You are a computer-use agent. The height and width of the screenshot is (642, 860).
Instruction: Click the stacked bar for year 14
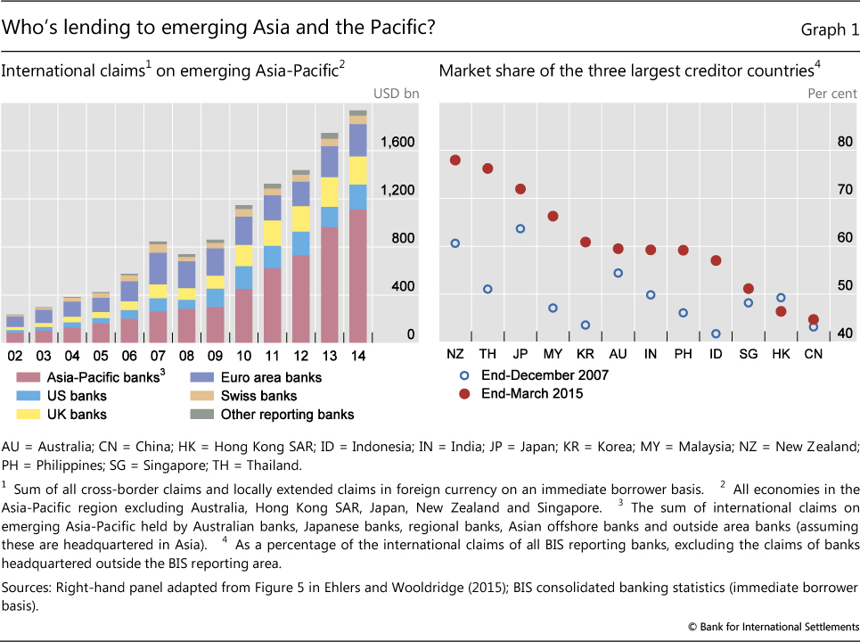pyautogui.click(x=358, y=226)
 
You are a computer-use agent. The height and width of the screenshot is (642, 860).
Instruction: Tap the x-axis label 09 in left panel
pyautogui.click(x=215, y=355)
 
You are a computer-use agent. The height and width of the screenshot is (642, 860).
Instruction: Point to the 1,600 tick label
pyautogui.click(x=397, y=142)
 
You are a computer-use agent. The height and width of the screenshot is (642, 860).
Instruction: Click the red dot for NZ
pyautogui.click(x=455, y=160)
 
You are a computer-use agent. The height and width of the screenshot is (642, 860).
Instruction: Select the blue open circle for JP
pyautogui.click(x=520, y=229)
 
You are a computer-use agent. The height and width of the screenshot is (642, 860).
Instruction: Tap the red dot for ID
pyautogui.click(x=716, y=260)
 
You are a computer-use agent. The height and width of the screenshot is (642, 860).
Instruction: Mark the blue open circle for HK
pyautogui.click(x=781, y=298)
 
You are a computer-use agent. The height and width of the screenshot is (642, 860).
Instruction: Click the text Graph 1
pyautogui.click(x=823, y=29)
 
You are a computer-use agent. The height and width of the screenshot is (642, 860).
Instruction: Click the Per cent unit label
pyautogui.click(x=831, y=93)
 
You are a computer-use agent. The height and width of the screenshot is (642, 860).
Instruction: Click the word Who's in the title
pyautogui.click(x=30, y=28)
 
